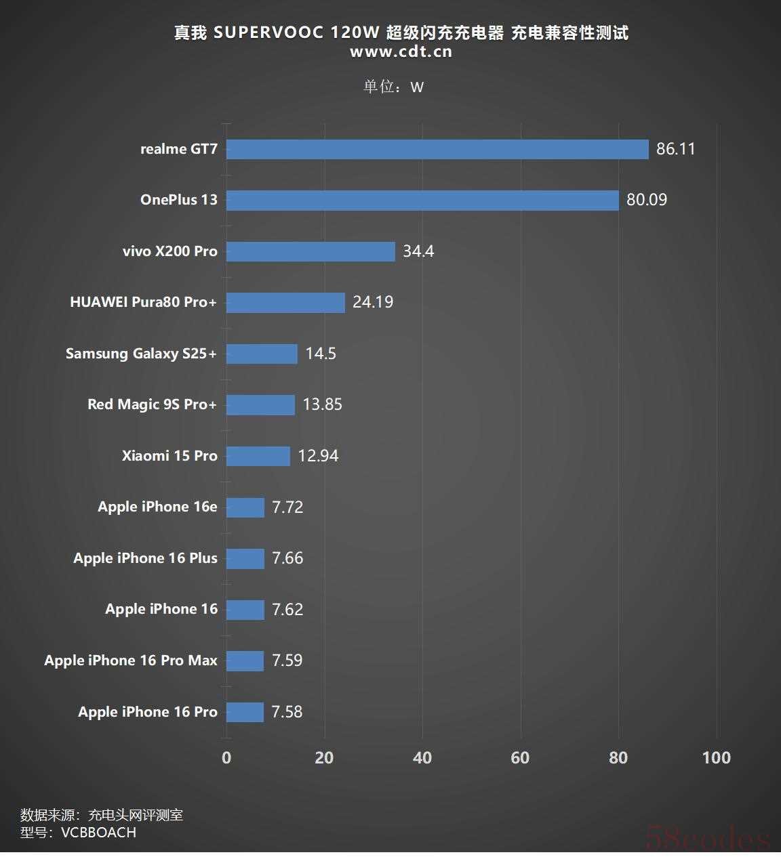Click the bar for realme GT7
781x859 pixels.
(437, 149)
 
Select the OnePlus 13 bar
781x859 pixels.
(422, 200)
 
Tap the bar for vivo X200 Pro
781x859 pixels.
(311, 251)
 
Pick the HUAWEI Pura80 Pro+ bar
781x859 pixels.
(285, 302)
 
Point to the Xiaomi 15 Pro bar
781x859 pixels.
(258, 456)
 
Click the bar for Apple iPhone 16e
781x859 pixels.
(245, 507)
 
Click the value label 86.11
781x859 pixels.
(676, 149)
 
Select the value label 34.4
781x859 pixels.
(418, 251)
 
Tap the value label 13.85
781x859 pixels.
(322, 404)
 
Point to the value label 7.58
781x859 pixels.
(287, 712)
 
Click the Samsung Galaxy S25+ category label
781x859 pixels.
(141, 354)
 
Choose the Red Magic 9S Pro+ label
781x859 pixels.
(152, 404)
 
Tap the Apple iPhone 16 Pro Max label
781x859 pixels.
(131, 661)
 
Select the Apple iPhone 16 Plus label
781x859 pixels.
(145, 558)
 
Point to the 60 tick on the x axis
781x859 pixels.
(520, 757)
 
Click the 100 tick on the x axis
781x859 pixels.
(717, 757)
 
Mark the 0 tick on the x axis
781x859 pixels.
(226, 757)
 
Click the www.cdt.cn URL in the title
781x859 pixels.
(401, 52)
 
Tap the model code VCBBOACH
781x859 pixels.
(99, 833)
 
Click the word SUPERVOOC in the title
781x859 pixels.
(268, 33)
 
